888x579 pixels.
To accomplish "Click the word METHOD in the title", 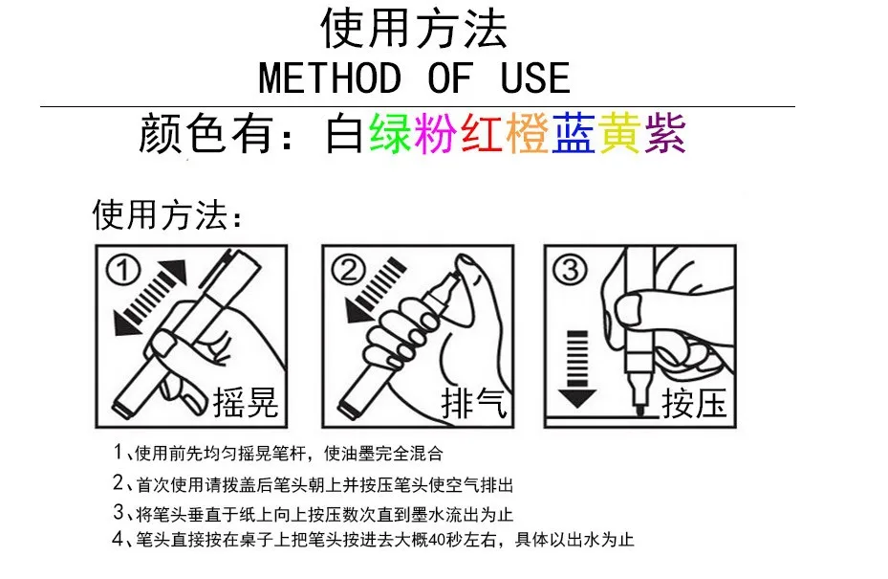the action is [330, 78].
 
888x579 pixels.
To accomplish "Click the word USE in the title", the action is [535, 78].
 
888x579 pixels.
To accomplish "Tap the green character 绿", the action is [390, 133].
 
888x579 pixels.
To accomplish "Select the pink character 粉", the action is [436, 133].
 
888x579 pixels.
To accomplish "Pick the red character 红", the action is [482, 133].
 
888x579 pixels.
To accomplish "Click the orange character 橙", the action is [528, 133].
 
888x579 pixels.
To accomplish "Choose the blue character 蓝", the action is [574, 133].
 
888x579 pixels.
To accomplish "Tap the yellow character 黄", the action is [619, 133].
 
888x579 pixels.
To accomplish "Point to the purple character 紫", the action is [665, 133].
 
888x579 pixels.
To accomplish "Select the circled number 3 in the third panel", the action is [570, 269].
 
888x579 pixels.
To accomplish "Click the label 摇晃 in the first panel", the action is [246, 402].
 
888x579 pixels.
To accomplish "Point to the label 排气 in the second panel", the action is [473, 402].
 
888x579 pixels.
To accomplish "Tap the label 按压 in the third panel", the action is [694, 402].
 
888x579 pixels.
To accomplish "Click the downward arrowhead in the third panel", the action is [576, 398].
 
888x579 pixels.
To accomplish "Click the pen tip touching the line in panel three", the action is [639, 411].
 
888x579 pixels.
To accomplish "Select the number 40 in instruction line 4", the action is [437, 540].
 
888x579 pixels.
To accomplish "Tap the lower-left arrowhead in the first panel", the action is [126, 323].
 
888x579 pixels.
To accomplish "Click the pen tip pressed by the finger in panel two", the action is [454, 280].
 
